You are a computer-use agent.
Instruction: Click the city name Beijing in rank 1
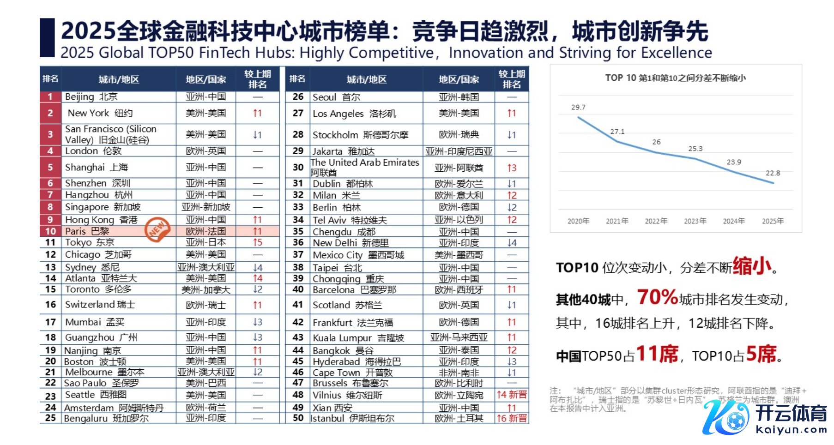point(79,97)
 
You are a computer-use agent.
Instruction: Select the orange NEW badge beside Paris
point(157,229)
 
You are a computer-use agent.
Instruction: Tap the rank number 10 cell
point(50,231)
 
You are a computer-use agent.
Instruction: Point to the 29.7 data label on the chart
point(578,107)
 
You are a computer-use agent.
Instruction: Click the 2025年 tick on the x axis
point(773,221)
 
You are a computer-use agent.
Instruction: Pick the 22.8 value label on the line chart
point(773,173)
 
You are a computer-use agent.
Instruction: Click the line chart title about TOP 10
point(675,78)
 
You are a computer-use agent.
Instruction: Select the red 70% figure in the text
point(657,297)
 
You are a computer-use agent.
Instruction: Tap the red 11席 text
point(657,355)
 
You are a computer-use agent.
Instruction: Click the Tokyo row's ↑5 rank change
point(257,242)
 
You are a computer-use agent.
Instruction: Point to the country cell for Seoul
point(459,97)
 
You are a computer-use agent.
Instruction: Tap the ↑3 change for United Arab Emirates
point(511,168)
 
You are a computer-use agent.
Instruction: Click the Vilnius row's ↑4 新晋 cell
point(511,395)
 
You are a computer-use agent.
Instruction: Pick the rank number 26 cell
point(298,97)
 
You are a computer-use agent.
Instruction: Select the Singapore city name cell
point(103,207)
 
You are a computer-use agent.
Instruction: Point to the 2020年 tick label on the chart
point(578,221)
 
